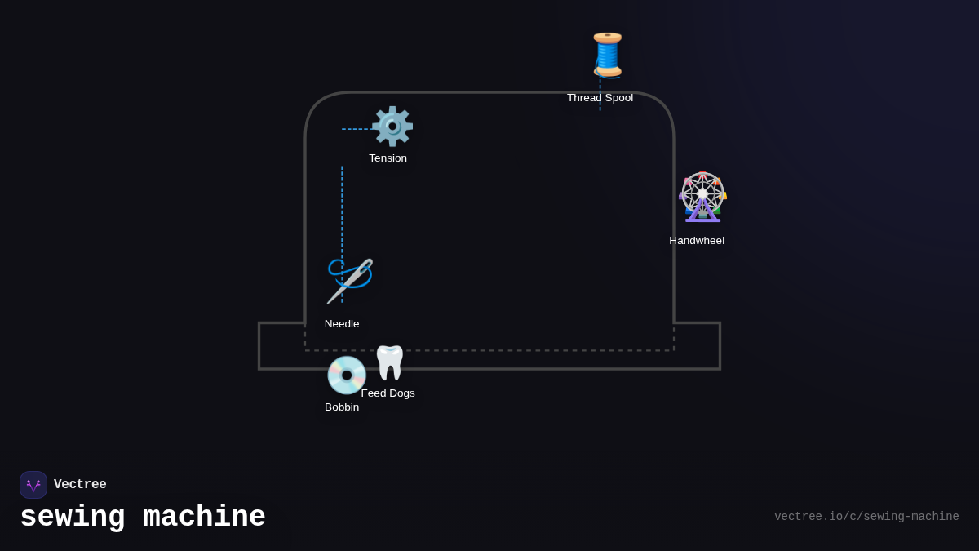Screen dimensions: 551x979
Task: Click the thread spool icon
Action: (607, 55)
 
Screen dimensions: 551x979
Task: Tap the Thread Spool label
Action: (600, 98)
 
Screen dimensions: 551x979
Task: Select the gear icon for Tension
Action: (392, 126)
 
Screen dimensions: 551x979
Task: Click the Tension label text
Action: (388, 158)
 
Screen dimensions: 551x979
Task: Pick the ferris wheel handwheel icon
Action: (702, 197)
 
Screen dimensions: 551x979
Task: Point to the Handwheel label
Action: (697, 241)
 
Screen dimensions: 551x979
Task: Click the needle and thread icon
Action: (349, 281)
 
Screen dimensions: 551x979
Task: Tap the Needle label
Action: (342, 324)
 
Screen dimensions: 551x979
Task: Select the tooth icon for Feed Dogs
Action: (390, 362)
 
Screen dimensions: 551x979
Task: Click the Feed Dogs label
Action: (388, 393)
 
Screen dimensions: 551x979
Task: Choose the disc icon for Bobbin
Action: (346, 375)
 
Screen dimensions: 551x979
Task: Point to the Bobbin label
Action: (342, 407)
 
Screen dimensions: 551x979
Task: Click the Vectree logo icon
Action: (33, 485)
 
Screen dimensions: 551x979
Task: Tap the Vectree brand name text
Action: (80, 485)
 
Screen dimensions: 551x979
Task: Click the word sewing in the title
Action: (73, 518)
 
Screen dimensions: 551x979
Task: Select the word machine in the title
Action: (204, 518)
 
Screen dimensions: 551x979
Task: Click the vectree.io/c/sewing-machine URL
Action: (866, 517)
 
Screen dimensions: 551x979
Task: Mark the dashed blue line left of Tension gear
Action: (357, 129)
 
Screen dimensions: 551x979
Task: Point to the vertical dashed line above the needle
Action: (342, 212)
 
